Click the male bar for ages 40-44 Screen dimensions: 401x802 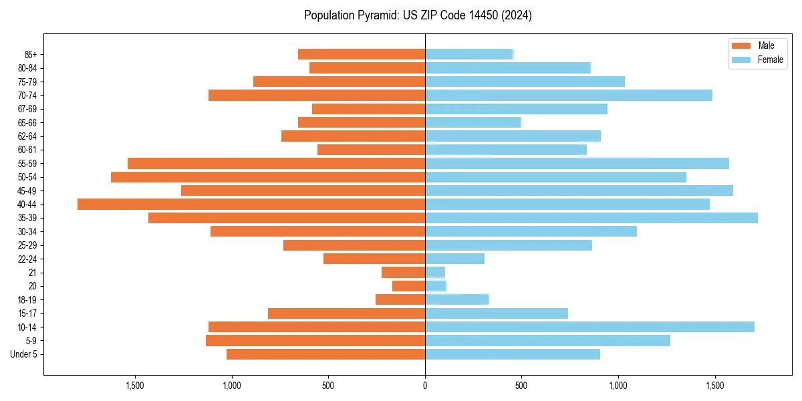coord(251,205)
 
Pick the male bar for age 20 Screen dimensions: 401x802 coord(408,286)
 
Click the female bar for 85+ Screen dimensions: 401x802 coord(469,54)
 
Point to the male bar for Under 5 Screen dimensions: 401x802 coord(325,354)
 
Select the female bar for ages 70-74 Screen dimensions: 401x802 coord(569,95)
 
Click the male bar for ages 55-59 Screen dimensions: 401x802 coord(276,164)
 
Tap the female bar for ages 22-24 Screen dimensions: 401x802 coord(454,259)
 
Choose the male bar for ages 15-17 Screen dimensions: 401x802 coord(346,313)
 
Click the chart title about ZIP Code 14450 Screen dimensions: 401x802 coord(418,15)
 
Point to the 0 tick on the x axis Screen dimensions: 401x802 coord(425,386)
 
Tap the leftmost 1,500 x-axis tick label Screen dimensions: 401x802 coord(135,386)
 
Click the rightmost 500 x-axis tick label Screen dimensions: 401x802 coord(521,386)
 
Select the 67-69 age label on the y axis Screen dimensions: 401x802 coord(27,109)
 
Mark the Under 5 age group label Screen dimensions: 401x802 coord(24,354)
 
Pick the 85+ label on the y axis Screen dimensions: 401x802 coord(31,54)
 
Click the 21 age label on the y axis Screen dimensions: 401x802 coord(33,273)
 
